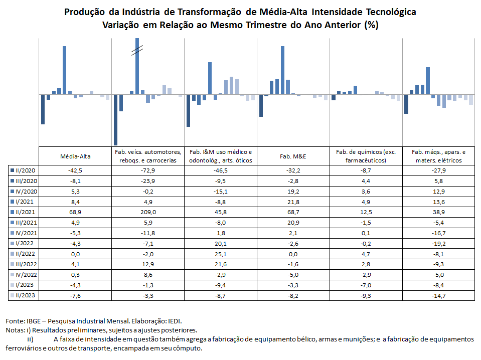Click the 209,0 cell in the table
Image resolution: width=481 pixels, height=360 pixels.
click(148, 212)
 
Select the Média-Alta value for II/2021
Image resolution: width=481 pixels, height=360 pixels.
click(75, 212)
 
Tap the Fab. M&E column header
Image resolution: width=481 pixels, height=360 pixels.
click(293, 156)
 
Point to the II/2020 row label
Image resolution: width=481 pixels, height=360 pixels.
click(23, 170)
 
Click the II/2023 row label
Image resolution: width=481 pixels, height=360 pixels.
click(23, 296)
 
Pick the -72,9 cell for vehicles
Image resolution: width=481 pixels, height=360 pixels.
click(148, 170)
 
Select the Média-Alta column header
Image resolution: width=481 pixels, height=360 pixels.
click(75, 156)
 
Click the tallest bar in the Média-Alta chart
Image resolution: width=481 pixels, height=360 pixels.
click(64, 70)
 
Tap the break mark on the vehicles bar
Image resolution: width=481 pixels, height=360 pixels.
click(137, 50)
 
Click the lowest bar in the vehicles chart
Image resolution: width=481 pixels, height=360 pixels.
click(116, 120)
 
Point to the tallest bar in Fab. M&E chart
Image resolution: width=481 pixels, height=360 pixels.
click(282, 70)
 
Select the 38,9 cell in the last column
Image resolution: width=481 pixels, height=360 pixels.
click(439, 212)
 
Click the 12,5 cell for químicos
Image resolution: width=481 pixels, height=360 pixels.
click(366, 212)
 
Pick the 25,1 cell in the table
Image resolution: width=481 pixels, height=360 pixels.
click(221, 254)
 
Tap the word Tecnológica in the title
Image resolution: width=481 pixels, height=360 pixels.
click(391, 12)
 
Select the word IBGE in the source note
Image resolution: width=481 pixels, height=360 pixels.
click(34, 321)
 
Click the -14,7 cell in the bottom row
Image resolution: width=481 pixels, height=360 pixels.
click(439, 296)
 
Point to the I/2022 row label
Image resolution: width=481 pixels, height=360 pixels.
click(23, 244)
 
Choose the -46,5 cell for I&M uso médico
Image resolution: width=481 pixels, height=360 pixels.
click(221, 170)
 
